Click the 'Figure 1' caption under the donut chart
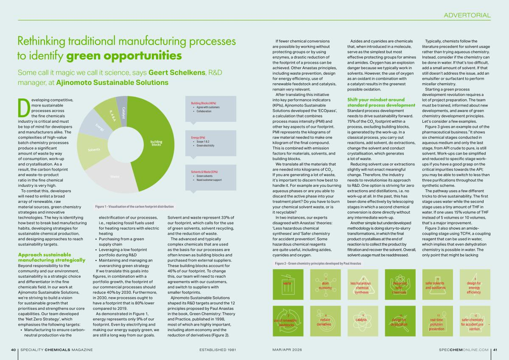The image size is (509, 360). coord(134,207)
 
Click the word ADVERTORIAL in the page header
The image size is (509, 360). coord(467,16)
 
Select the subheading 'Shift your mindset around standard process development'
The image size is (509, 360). coord(381,102)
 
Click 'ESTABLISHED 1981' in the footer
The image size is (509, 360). coord(217,349)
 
